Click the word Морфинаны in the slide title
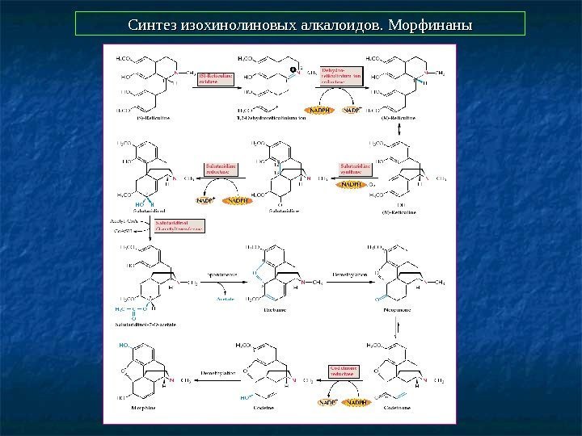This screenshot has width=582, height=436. coord(430,24)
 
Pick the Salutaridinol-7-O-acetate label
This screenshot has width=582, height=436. coord(147,324)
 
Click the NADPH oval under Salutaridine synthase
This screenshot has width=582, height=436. coord(352,185)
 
